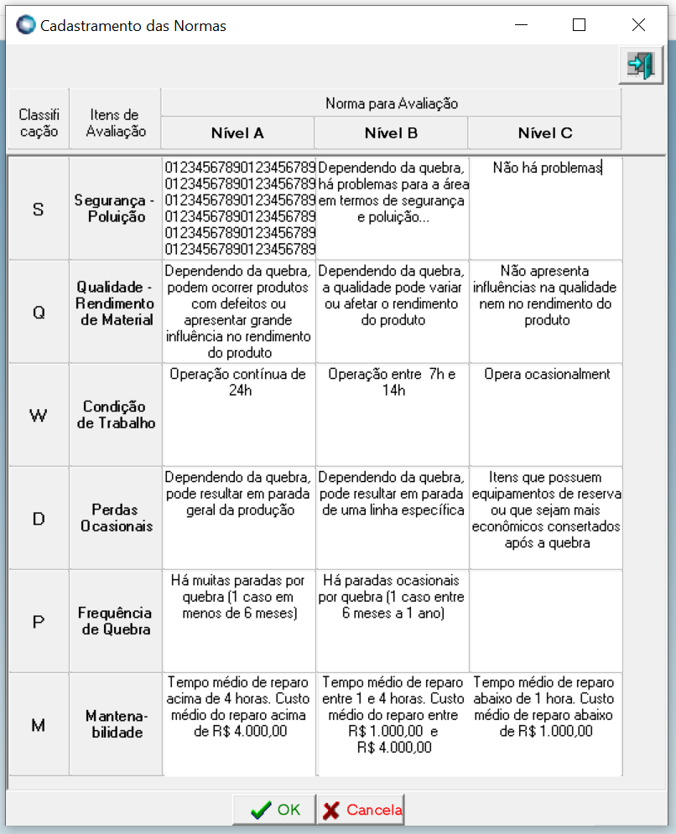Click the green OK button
(x=275, y=810)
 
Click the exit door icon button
(x=640, y=66)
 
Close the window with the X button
(x=638, y=25)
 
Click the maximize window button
(x=579, y=25)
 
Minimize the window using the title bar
(x=519, y=25)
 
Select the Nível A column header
(x=237, y=132)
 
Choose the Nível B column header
(x=391, y=132)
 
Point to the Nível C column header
(x=544, y=132)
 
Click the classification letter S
(x=38, y=209)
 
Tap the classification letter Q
(x=38, y=312)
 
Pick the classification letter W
(x=38, y=415)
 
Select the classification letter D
(x=38, y=518)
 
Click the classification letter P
(x=38, y=621)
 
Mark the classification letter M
(x=38, y=725)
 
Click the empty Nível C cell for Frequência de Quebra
(x=545, y=620)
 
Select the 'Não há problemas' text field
(x=546, y=208)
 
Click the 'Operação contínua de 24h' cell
(x=238, y=414)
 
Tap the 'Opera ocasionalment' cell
(x=546, y=414)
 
